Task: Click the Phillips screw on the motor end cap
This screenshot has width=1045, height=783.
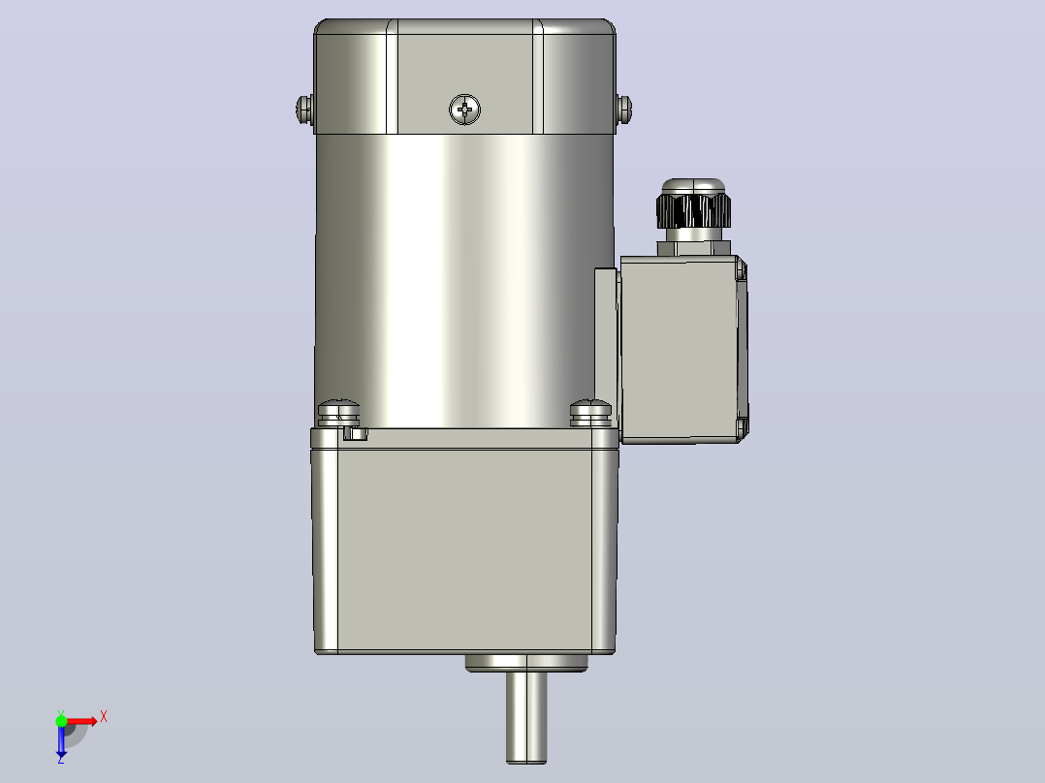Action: coord(464,110)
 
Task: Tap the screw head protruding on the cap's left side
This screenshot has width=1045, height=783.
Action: coord(304,110)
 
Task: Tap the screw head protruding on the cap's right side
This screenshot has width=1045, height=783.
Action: coord(624,110)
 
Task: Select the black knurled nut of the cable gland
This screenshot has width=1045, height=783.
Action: coord(693,210)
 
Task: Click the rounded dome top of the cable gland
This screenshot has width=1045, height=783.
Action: coord(693,186)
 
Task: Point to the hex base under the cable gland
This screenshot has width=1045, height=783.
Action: coord(694,248)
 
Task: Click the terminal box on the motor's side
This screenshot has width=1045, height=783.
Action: coord(683,349)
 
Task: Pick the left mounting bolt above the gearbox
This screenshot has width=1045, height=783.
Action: coord(338,413)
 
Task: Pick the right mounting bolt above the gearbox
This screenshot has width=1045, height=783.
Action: coord(590,413)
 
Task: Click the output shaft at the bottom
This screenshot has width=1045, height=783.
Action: coord(526,718)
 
